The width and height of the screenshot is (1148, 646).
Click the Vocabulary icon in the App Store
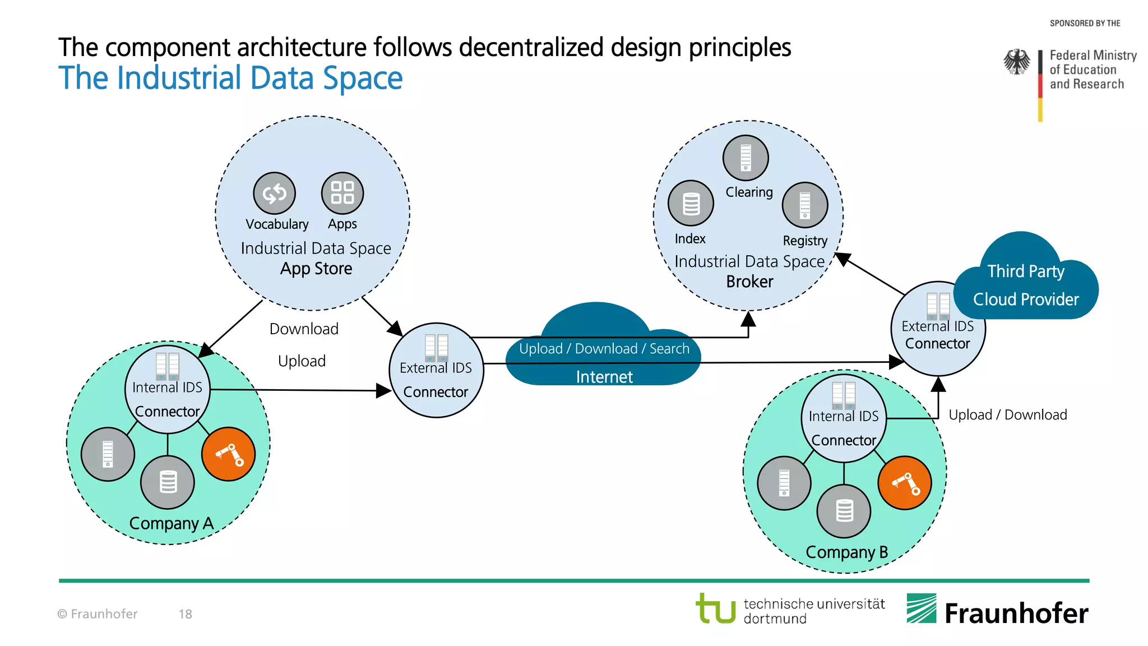click(x=274, y=193)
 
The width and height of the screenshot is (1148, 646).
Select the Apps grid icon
click(x=342, y=193)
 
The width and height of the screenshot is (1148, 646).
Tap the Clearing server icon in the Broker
click(x=745, y=158)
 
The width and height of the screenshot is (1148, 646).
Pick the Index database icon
click(x=691, y=204)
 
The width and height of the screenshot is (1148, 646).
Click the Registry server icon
click(x=804, y=205)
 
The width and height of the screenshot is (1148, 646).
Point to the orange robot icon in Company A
click(x=229, y=454)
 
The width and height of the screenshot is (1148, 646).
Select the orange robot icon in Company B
click(x=905, y=483)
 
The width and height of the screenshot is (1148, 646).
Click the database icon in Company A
click(x=168, y=482)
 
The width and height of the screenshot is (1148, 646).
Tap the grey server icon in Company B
click(x=784, y=483)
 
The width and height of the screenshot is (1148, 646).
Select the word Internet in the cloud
click(x=604, y=377)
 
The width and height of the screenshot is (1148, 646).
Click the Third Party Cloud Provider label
click(x=1025, y=285)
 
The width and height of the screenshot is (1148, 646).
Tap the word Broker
click(x=749, y=282)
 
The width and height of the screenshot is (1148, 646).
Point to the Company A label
click(x=171, y=523)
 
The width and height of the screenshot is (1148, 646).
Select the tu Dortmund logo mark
click(x=715, y=608)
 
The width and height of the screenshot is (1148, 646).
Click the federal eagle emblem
click(x=1016, y=62)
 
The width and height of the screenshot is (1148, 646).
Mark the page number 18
click(x=185, y=614)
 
